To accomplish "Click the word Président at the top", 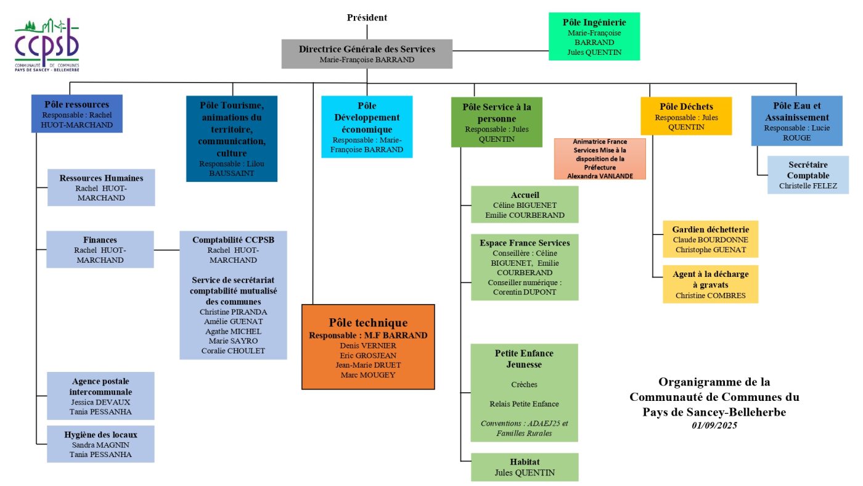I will point(367,18).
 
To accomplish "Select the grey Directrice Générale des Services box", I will point(367,54).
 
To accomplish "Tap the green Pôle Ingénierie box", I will point(594,36).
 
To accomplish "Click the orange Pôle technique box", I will point(368,347).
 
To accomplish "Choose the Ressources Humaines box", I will point(101,187).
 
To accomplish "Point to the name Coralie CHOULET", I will point(233,351).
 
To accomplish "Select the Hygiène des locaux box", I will point(101,443).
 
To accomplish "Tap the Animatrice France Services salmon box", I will point(599,159).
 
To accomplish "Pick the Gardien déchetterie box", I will point(710,239).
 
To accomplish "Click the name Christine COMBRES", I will point(710,295).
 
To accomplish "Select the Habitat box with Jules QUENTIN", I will point(525,467).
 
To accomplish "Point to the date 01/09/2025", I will point(714,426).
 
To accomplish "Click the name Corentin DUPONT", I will point(525,292).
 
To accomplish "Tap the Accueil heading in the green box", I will point(525,195).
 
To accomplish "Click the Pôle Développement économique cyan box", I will point(367,126).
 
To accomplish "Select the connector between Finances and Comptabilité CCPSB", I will point(166,250).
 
